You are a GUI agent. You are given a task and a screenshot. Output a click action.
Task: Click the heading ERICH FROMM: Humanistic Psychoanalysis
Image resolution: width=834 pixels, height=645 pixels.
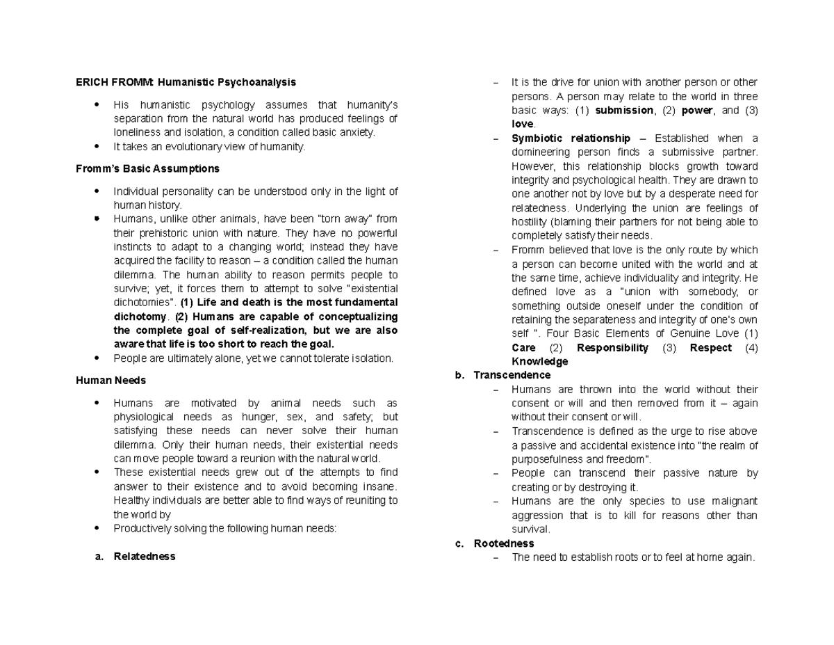186,82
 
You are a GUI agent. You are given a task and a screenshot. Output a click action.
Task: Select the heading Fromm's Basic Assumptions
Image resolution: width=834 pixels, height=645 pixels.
147,168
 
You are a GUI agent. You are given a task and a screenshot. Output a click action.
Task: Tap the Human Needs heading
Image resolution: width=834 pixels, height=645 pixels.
111,381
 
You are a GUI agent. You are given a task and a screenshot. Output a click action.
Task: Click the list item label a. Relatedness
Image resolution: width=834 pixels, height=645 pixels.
135,557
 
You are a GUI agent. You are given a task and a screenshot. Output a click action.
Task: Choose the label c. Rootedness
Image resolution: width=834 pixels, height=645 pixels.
494,543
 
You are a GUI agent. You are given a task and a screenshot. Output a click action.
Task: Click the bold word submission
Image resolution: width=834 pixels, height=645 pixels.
625,111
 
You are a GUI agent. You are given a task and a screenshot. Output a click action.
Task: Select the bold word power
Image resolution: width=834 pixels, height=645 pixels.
696,111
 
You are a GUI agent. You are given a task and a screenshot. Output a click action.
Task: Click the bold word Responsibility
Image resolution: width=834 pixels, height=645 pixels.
612,348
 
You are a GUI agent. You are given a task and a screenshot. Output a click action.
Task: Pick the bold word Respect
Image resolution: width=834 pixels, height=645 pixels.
710,348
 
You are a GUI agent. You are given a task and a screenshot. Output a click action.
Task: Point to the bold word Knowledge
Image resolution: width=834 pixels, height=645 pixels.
539,362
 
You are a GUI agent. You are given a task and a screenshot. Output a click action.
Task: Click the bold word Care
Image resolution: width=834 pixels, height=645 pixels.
523,348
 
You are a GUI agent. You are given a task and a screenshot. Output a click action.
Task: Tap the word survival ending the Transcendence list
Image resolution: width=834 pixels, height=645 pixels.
530,529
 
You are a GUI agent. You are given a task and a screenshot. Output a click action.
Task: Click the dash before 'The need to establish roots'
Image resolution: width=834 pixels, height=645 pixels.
496,557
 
